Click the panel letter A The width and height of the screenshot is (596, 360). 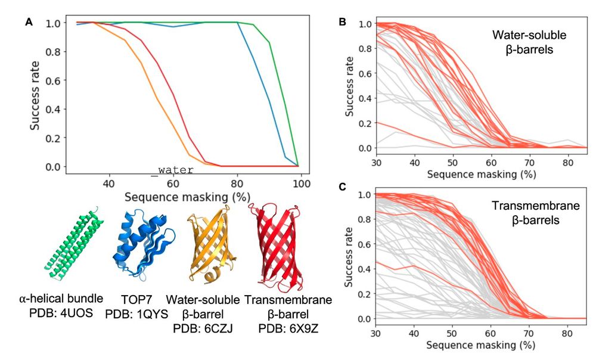29,22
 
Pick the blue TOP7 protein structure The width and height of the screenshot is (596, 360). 138,243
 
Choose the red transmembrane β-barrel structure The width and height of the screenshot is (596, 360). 275,244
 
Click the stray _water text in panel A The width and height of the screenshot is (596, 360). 164,170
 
